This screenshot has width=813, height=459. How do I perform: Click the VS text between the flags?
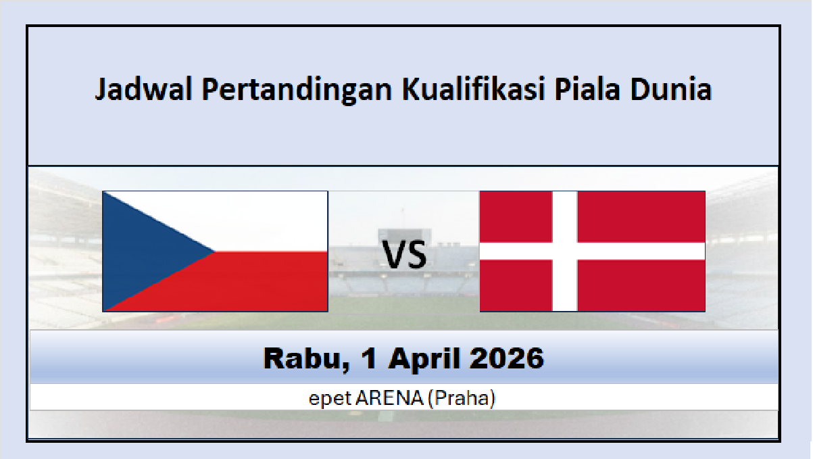405,256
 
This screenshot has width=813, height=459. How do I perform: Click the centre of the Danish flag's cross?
565,251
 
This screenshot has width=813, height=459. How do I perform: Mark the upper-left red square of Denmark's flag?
516,216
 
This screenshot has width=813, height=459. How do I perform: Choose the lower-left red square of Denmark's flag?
516,286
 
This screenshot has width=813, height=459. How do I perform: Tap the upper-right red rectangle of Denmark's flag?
641,216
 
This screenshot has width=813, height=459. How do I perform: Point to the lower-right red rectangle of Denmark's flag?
641,286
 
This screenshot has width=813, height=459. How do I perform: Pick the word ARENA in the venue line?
391,399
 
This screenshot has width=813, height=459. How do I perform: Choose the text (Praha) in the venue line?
463,399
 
